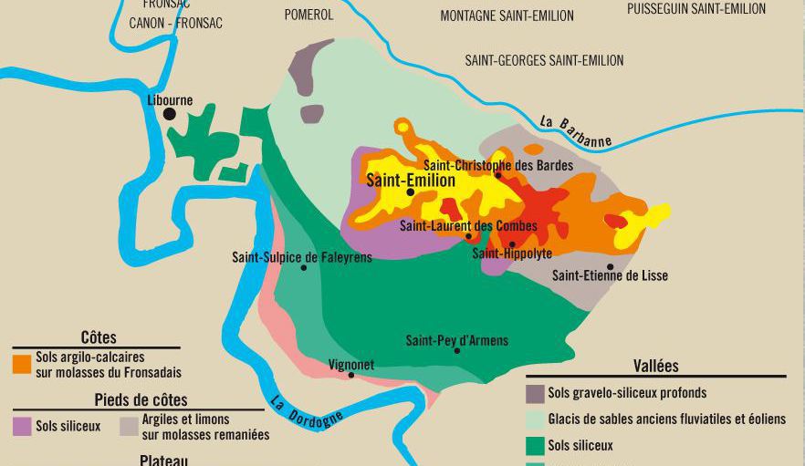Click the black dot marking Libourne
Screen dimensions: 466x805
(x=169, y=114)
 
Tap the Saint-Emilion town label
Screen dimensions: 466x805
(x=410, y=181)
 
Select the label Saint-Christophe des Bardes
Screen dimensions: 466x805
(x=498, y=165)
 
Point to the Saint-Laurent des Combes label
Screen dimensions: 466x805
(x=468, y=225)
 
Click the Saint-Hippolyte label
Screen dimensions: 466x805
(x=511, y=254)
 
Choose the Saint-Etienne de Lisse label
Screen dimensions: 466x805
(x=610, y=275)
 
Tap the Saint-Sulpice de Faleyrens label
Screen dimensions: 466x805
(x=302, y=257)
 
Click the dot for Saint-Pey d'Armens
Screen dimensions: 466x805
(x=457, y=350)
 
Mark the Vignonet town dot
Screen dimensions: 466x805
(x=351, y=375)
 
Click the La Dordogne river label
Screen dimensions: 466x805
(x=307, y=410)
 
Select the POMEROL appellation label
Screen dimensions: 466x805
(x=308, y=15)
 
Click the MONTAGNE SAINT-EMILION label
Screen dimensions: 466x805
(x=507, y=16)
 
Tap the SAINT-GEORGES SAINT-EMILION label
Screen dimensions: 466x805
(x=544, y=60)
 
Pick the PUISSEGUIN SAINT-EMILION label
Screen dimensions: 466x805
(x=696, y=9)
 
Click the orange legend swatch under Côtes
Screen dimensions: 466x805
(x=22, y=365)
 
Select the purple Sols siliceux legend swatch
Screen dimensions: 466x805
(x=22, y=426)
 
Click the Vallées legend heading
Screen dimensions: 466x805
(x=655, y=366)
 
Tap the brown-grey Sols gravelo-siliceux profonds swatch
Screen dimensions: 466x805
(x=536, y=394)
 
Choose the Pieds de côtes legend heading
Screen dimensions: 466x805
(x=141, y=400)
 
